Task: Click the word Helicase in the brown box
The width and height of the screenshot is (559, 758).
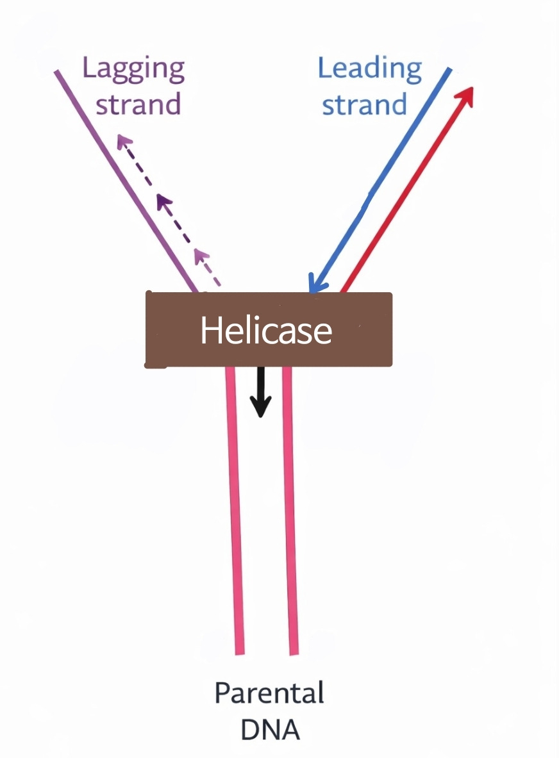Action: click(266, 331)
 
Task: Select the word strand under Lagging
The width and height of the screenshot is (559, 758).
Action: click(138, 103)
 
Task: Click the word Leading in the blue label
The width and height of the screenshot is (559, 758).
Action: click(370, 69)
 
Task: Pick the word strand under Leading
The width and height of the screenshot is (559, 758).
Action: click(364, 104)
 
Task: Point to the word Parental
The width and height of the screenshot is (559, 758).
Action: click(269, 694)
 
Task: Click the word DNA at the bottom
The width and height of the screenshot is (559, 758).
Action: click(270, 730)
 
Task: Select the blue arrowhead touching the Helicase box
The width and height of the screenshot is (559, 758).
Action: click(315, 284)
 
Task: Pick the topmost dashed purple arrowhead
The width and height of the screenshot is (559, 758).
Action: click(122, 142)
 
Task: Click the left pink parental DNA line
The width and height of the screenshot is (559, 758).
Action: click(235, 513)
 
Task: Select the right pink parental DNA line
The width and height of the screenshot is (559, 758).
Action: click(290, 513)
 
